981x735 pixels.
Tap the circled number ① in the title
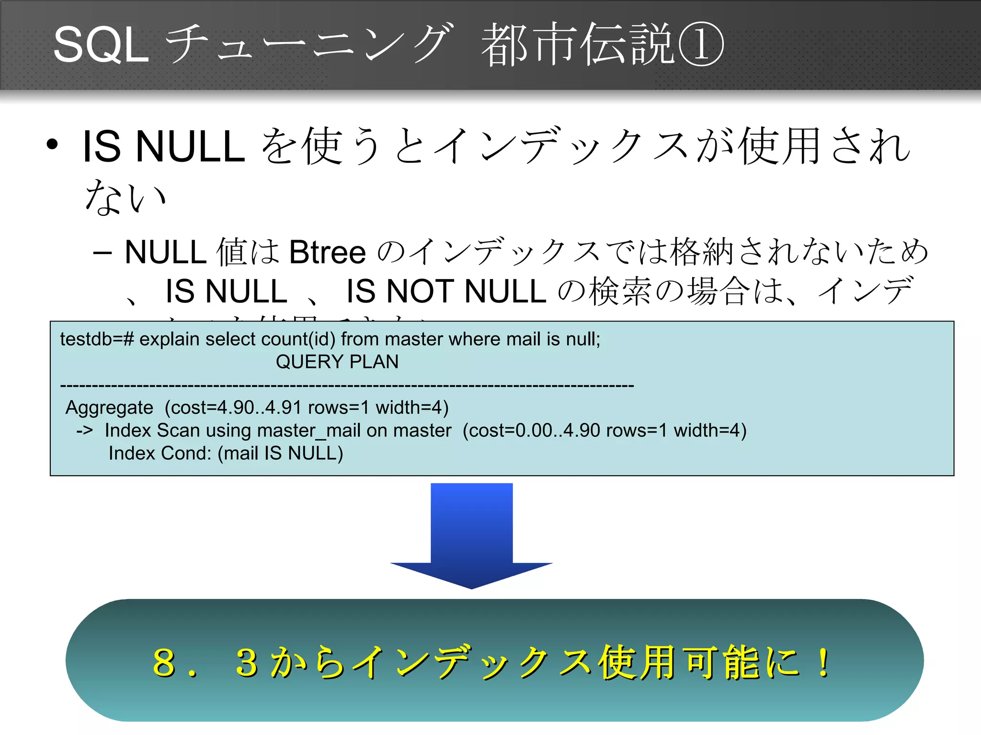point(700,45)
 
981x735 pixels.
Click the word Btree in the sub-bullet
point(327,252)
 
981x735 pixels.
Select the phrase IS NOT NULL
point(446,291)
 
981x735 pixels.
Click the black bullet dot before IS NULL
point(52,145)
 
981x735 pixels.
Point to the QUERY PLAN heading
point(337,362)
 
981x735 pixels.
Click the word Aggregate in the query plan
point(109,408)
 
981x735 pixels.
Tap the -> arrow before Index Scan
point(84,430)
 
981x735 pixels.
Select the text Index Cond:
point(160,453)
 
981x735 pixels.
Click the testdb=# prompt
point(96,339)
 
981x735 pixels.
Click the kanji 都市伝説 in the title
point(577,45)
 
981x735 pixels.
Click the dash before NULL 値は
point(103,253)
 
